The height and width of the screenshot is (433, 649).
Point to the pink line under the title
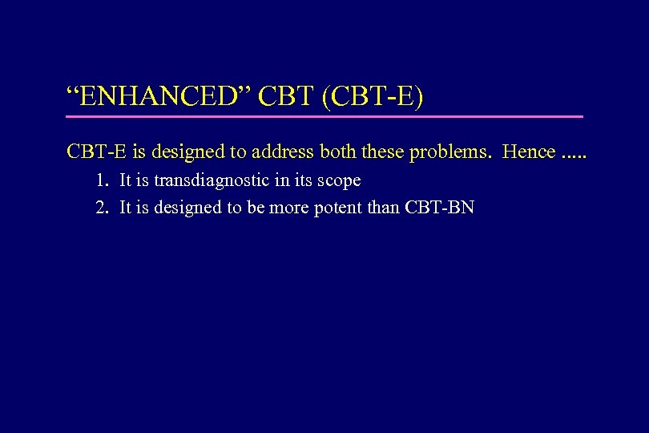(324, 117)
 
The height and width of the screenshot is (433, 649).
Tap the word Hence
(528, 152)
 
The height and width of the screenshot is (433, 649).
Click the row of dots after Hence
(574, 156)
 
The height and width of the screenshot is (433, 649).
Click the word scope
(339, 181)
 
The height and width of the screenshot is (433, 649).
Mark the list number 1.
(101, 180)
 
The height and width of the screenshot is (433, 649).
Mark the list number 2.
(101, 208)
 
